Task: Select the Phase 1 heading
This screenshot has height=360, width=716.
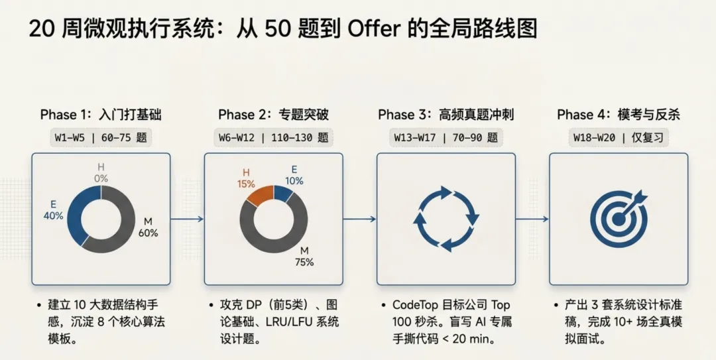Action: (x=101, y=115)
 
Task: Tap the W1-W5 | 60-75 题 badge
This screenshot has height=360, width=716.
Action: (x=101, y=138)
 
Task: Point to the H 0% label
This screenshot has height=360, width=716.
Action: (x=101, y=172)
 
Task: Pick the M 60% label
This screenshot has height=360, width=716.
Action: (x=148, y=227)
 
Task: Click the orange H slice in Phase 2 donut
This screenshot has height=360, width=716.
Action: (x=255, y=194)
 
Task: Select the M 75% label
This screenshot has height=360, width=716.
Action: (x=305, y=256)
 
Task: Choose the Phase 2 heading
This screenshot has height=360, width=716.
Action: (x=273, y=115)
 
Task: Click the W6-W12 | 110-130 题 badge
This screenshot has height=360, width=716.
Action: (x=273, y=138)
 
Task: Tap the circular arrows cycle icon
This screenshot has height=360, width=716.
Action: (x=446, y=219)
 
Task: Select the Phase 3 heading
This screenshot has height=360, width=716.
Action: (x=446, y=115)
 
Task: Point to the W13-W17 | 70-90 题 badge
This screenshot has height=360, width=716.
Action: (x=446, y=138)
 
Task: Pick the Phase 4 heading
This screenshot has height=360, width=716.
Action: (x=618, y=115)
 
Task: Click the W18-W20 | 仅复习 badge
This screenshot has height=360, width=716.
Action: (x=618, y=138)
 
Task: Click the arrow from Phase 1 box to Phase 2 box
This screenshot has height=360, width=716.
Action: (x=187, y=218)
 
